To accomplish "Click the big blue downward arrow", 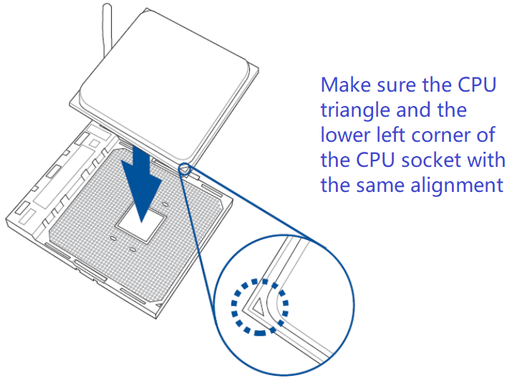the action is coord(141,185).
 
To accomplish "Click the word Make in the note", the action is coord(347,85).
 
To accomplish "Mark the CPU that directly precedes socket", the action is coord(375,160).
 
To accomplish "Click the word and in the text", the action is coord(415,110).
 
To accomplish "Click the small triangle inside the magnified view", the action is coord(258,306).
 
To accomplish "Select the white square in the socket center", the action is coord(141,224).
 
